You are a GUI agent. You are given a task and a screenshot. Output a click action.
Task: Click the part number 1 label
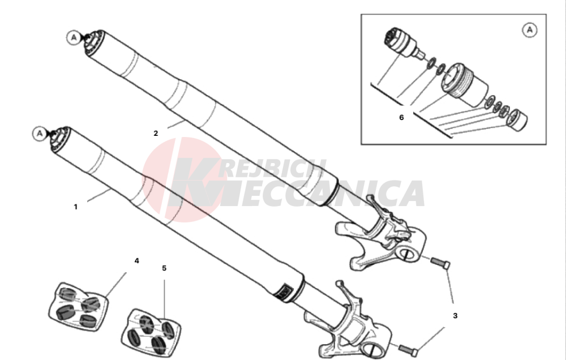75,207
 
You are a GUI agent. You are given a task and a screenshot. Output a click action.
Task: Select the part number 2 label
156,133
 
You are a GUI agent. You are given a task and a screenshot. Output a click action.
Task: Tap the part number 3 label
455,316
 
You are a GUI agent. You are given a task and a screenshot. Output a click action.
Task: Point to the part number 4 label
136,261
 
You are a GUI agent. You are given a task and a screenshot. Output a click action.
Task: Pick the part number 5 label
164,268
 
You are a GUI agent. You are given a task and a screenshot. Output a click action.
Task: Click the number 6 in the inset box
401,117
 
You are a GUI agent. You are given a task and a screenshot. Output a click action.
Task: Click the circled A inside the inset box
530,29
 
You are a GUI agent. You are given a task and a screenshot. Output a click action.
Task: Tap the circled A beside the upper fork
74,37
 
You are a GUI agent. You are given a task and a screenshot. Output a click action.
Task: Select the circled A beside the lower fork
40,134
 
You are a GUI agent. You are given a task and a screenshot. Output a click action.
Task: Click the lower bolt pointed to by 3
409,350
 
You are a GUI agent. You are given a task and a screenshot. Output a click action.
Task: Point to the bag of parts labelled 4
78,306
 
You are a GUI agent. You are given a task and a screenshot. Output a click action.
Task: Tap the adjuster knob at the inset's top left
401,42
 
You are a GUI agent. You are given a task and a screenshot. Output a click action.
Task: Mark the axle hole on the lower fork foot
372,350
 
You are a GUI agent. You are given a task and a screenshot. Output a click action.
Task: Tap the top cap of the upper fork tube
95,43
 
